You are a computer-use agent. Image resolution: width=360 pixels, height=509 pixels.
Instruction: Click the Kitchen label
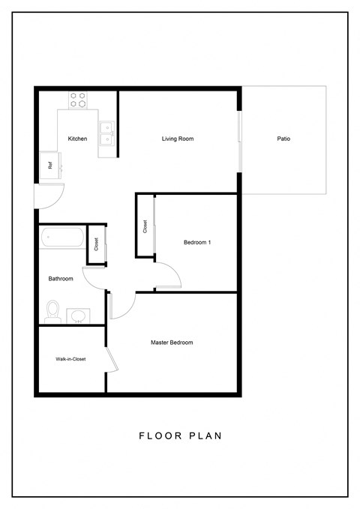(x=77, y=139)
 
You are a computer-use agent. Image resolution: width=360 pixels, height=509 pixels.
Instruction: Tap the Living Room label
(x=178, y=139)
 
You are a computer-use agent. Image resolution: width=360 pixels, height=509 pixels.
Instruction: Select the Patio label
(x=283, y=139)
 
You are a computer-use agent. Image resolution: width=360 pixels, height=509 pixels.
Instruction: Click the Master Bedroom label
(x=172, y=343)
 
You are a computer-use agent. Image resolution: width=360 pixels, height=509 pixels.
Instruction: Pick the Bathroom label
(x=61, y=279)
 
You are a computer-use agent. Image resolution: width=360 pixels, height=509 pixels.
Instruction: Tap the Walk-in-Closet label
(x=70, y=359)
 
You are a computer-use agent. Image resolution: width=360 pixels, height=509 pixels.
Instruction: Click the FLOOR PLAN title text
(x=180, y=435)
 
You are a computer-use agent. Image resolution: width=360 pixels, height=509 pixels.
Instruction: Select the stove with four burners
(x=78, y=100)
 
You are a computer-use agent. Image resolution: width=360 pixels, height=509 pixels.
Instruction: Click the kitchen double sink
(x=107, y=133)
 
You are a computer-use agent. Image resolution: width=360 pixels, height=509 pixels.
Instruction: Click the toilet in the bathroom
(x=52, y=310)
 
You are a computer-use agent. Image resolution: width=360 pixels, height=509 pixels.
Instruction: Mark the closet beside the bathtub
(x=96, y=244)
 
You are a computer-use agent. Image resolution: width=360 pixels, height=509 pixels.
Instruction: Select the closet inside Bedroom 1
(x=144, y=226)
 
